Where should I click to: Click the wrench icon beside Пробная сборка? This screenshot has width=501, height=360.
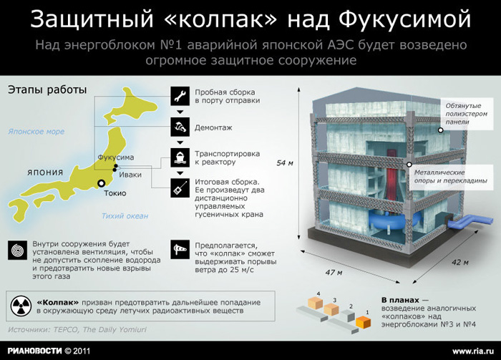180,96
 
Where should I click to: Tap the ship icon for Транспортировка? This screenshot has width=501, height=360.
180,157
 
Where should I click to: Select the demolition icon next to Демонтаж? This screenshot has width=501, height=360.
180,127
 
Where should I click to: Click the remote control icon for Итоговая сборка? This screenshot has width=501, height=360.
180,188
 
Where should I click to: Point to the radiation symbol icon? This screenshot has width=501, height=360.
21,306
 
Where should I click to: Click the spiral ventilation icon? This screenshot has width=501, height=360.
18,250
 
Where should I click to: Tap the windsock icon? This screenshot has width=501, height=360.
180,250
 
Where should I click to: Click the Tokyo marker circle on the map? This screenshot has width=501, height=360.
102,183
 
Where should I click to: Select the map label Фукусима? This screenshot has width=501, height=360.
116,157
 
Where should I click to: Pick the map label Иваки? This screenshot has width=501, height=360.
130,175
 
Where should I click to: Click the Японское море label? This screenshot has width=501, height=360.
36,131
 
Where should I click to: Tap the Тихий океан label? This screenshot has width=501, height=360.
125,216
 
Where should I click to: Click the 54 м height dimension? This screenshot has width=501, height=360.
284,163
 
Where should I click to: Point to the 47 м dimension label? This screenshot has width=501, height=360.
334,273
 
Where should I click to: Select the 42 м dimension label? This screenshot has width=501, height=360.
460,262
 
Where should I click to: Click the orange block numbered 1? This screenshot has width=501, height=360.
363,321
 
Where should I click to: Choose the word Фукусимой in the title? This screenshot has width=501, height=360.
405,19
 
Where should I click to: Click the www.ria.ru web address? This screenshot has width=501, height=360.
473,351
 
